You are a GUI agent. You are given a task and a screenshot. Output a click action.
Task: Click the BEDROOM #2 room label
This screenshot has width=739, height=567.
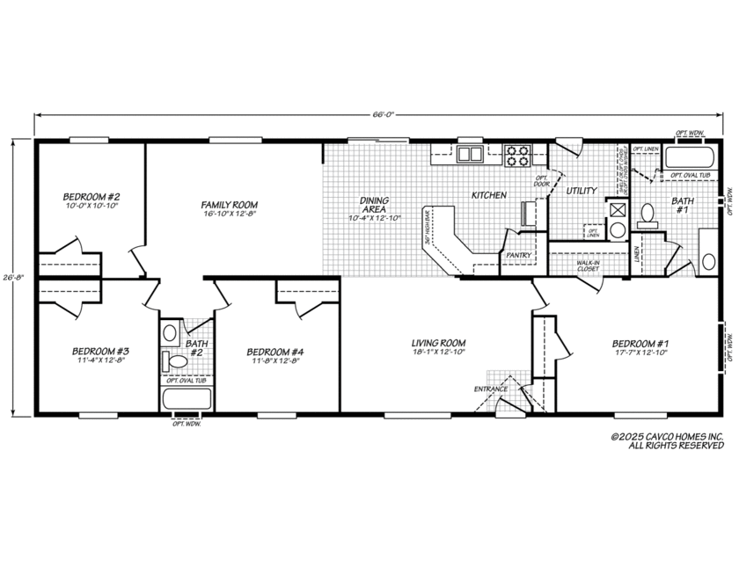point(91,196)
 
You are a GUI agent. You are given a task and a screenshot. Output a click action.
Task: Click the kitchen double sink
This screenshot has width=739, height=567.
point(470,155)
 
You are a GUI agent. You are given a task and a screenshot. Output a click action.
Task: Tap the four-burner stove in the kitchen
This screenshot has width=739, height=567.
point(517,155)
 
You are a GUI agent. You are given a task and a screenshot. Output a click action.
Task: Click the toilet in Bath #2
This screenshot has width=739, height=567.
point(179,360)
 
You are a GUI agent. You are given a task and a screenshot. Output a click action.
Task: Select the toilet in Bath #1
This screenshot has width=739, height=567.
point(647,213)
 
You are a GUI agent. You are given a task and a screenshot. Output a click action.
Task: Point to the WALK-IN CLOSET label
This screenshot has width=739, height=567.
point(588,265)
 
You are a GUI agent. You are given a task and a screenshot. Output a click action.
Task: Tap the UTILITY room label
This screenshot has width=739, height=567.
point(582,190)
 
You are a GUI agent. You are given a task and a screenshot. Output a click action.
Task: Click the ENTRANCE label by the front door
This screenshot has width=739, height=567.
point(491,388)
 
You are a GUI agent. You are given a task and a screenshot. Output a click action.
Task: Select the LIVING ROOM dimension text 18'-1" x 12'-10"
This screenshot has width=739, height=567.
point(438,353)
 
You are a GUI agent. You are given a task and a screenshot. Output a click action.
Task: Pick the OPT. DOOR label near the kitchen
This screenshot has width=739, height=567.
point(541,180)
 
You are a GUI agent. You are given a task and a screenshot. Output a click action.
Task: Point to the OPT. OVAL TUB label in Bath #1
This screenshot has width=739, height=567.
point(691,175)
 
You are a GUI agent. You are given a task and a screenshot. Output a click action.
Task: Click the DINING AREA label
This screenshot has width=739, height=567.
point(374,205)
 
